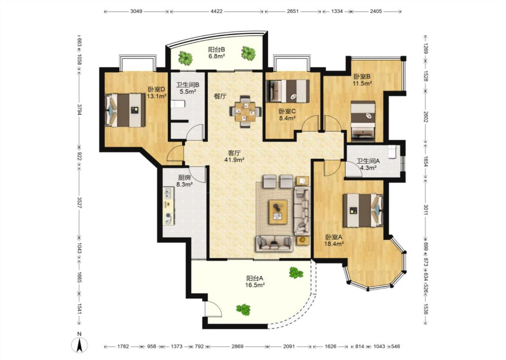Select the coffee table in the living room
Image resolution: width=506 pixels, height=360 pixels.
tap(278, 211)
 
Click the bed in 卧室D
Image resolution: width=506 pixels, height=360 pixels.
tap(125, 110)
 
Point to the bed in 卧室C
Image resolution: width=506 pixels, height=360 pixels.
tap(287, 91)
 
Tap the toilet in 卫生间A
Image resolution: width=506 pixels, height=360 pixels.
tap(392, 152)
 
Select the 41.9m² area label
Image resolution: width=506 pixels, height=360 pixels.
tap(234, 159)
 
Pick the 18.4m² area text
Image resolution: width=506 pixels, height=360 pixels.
tap(334, 244)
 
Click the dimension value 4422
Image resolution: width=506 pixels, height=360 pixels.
tap(216, 11)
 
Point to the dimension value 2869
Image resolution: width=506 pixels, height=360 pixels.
tap(237, 346)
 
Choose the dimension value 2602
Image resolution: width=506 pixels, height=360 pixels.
tap(425, 117)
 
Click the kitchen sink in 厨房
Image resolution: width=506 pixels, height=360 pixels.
tap(168, 193)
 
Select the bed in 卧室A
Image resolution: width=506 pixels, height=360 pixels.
tap(363, 210)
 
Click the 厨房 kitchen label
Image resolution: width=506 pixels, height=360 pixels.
tap(184, 178)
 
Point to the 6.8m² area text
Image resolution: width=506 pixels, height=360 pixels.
tap(216, 57)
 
